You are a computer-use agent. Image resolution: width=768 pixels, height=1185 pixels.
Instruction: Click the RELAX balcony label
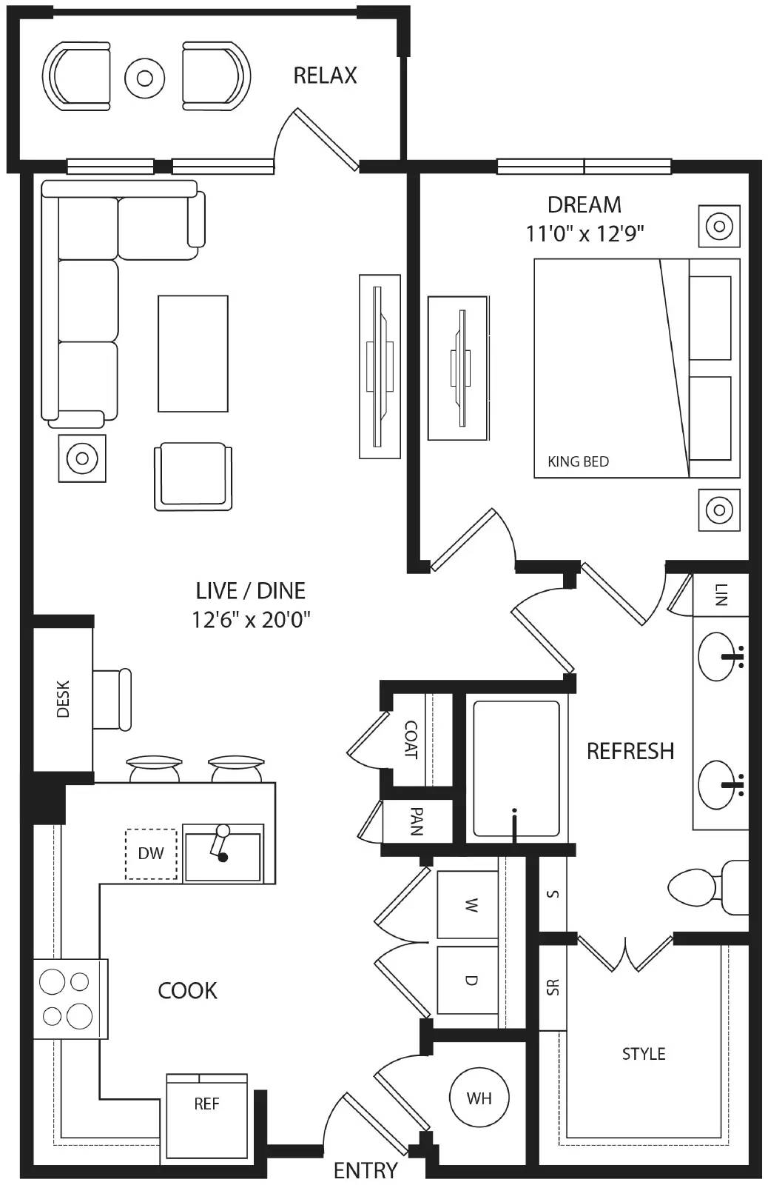point(325,76)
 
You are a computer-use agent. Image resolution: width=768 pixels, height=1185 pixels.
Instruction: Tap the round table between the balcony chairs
point(144,78)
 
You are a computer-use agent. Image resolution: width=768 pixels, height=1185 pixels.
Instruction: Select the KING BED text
point(578,461)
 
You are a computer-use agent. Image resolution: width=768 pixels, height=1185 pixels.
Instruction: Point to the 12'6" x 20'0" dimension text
point(251,619)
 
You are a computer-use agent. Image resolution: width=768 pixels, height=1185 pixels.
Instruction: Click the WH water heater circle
point(479,1098)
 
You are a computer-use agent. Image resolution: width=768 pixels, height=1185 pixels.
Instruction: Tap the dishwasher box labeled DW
point(151,853)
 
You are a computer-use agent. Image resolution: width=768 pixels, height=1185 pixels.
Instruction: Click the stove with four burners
point(68,998)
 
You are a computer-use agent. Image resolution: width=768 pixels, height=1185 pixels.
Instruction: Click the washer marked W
point(468,904)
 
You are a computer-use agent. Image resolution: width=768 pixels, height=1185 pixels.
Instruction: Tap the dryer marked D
point(468,980)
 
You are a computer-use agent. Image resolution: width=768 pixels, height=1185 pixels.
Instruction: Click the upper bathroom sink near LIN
point(718,656)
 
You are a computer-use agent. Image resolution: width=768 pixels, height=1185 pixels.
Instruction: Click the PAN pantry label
point(417,821)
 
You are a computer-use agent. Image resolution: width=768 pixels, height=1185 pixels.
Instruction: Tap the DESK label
point(63,698)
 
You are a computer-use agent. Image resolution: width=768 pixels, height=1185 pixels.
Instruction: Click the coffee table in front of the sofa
point(192,353)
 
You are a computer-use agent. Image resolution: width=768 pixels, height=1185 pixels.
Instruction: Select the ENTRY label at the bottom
point(366,1170)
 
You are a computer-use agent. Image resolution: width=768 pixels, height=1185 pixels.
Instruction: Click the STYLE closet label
point(643,1053)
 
